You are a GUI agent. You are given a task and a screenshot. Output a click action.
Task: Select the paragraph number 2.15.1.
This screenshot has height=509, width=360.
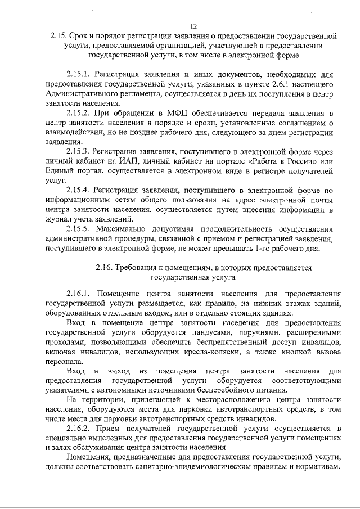(x=78, y=74)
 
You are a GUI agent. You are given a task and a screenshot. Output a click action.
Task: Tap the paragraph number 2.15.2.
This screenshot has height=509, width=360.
(x=78, y=112)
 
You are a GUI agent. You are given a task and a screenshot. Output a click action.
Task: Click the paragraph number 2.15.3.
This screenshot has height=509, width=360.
(x=78, y=151)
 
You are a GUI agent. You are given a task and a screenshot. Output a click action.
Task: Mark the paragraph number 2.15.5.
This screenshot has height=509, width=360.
(x=78, y=229)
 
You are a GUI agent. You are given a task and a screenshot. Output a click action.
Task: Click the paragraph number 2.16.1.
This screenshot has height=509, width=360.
(x=78, y=294)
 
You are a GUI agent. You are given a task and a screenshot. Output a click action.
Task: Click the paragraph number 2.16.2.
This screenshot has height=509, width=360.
(x=78, y=429)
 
